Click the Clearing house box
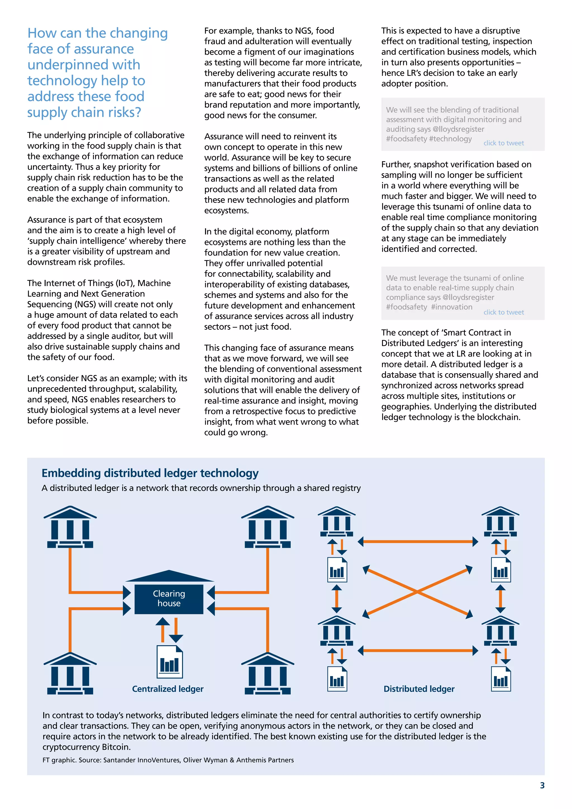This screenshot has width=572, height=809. [169, 599]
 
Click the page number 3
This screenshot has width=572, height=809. [542, 785]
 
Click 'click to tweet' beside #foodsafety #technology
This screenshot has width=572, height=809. [503, 143]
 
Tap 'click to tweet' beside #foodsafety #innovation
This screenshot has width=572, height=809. [503, 312]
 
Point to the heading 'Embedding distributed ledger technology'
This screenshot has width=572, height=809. [150, 473]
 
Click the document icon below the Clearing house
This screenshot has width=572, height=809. [170, 662]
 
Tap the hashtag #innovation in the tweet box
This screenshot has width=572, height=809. [452, 307]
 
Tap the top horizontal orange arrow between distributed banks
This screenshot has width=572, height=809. [418, 542]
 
